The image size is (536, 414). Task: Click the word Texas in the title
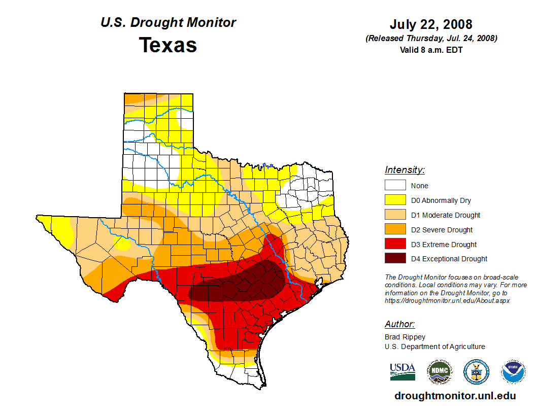pyautogui.click(x=168, y=45)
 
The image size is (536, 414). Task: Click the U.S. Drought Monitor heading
pyautogui.click(x=168, y=23)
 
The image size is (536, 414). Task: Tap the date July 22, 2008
pyautogui.click(x=431, y=24)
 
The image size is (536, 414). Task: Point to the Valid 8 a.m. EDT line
pyautogui.click(x=431, y=50)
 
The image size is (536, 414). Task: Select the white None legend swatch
pyautogui.click(x=395, y=185)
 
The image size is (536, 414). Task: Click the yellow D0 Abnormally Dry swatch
pyautogui.click(x=395, y=200)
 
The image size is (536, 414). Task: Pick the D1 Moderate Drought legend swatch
pyautogui.click(x=395, y=215)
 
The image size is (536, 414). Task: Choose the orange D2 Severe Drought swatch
pyautogui.click(x=395, y=229)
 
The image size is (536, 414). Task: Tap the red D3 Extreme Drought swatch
pyautogui.click(x=395, y=244)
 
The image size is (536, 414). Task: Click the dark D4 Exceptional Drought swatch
pyautogui.click(x=395, y=259)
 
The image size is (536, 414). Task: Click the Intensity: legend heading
pyautogui.click(x=405, y=170)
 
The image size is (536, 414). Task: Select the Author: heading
pyautogui.click(x=399, y=324)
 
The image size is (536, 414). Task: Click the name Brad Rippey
pyautogui.click(x=405, y=337)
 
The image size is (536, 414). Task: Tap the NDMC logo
pyautogui.click(x=439, y=372)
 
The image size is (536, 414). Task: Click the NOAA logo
pyautogui.click(x=513, y=372)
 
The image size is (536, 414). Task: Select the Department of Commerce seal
pyautogui.click(x=476, y=372)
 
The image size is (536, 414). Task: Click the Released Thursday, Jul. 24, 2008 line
pyautogui.click(x=431, y=39)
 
